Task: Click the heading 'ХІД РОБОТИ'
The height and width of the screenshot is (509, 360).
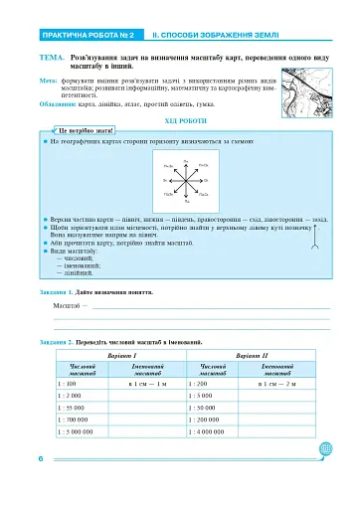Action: [x=179, y=120]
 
